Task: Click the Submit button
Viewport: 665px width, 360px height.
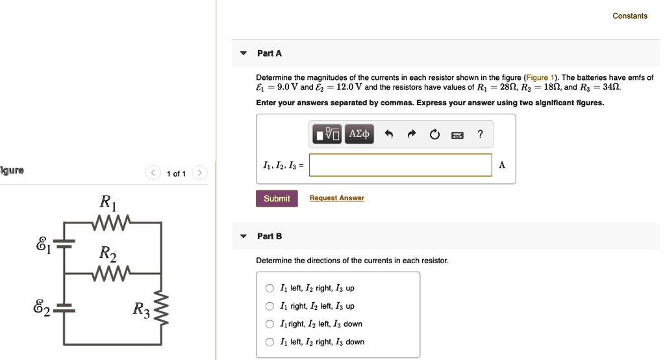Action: pos(277,198)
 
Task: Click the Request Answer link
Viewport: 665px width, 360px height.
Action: pos(336,198)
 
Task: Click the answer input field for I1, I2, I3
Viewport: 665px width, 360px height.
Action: pos(401,165)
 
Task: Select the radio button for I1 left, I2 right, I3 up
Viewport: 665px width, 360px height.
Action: pos(270,289)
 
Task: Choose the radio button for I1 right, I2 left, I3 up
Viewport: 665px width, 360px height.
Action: pos(270,306)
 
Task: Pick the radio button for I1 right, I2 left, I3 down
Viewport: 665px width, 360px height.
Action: pos(270,324)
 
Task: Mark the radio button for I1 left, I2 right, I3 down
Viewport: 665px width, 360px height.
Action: pos(270,342)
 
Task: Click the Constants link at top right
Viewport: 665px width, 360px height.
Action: pos(629,16)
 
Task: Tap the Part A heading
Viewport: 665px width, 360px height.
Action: pos(269,53)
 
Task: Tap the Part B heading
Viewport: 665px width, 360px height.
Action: pos(269,236)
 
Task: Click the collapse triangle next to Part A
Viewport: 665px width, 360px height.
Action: pos(244,53)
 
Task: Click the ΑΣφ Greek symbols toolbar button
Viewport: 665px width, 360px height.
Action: pos(359,134)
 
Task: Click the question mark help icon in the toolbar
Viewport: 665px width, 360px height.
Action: pos(480,134)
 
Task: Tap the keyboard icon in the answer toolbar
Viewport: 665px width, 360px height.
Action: pos(457,135)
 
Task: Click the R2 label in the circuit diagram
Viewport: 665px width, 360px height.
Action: pos(108,253)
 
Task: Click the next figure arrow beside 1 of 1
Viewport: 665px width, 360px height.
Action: pos(200,173)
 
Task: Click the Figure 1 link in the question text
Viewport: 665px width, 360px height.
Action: pos(539,77)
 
